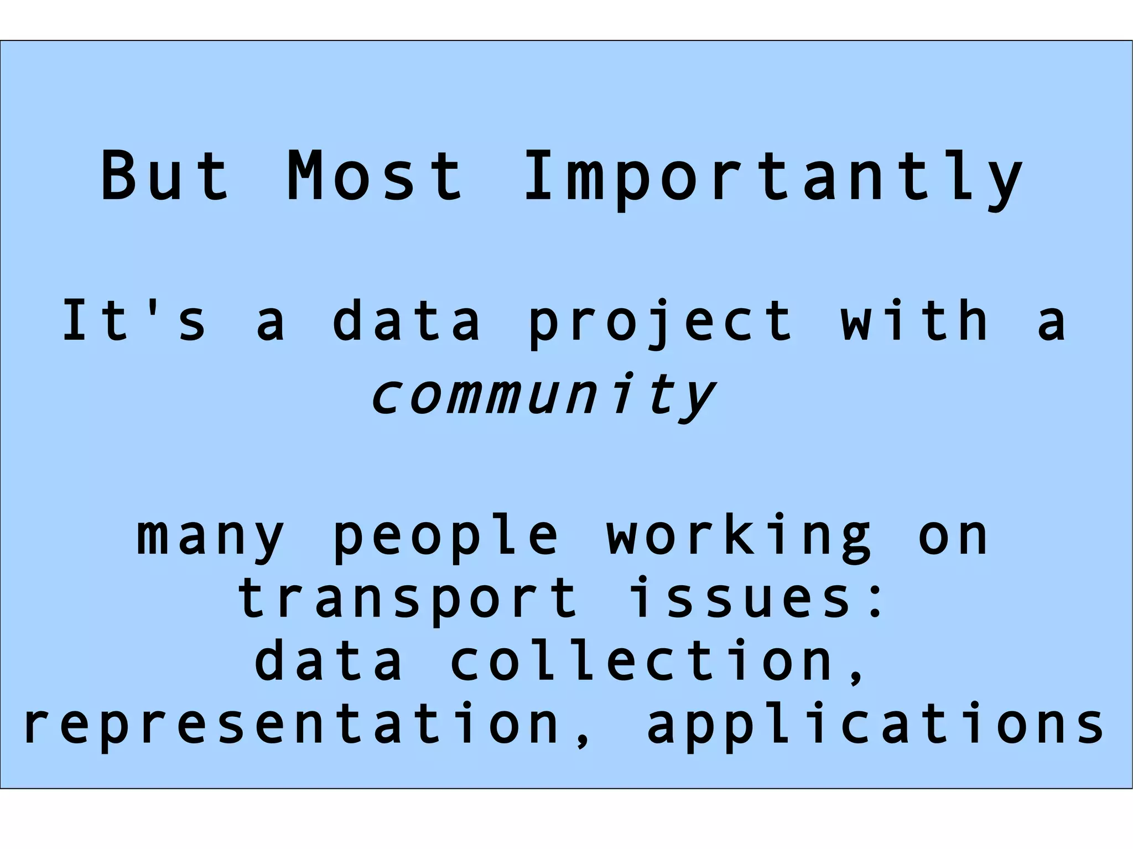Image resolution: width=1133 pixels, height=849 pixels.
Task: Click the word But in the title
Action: point(165,176)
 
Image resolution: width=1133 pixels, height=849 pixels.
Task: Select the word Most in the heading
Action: point(375,176)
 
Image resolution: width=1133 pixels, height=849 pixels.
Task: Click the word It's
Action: point(134,320)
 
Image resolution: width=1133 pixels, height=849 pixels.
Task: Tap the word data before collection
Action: point(329,660)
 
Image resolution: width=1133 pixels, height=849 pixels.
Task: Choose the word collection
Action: point(642,660)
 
